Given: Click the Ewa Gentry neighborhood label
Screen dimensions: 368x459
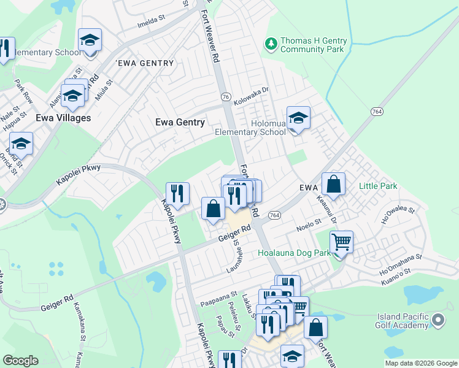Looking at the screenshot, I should point(180,122).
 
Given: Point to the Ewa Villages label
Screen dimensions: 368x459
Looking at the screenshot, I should point(63,118).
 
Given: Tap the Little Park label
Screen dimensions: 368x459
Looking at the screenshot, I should point(378,186).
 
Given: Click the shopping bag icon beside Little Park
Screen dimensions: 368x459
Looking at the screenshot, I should point(333,184).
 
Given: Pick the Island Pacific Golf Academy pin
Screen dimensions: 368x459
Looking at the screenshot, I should point(438,320).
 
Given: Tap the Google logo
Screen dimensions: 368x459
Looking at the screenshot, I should point(20,361).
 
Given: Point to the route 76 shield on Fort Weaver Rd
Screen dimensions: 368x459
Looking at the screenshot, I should point(226,97).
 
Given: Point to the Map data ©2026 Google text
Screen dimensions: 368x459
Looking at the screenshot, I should point(421,363).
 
